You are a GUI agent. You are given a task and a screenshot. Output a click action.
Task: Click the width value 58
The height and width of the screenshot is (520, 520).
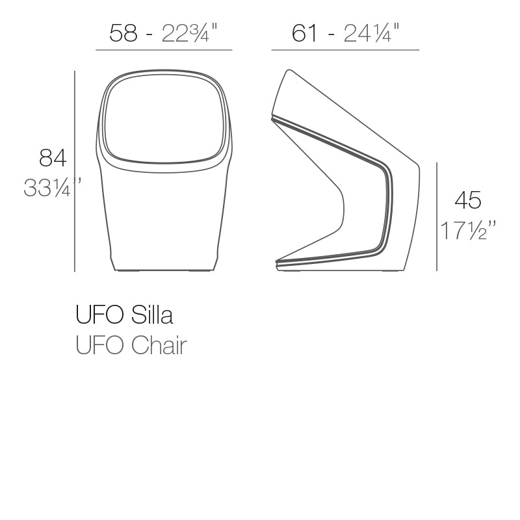(x=123, y=33)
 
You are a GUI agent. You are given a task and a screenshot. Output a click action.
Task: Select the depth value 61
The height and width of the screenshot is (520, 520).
(x=304, y=33)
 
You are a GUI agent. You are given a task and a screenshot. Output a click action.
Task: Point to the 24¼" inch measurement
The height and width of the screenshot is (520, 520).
(x=371, y=33)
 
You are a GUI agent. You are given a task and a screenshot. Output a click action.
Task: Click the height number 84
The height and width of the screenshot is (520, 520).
(x=53, y=158)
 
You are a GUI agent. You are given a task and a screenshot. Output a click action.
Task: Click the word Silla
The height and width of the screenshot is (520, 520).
(x=152, y=315)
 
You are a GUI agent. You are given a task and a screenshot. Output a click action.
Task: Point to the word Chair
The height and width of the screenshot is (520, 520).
(x=159, y=346)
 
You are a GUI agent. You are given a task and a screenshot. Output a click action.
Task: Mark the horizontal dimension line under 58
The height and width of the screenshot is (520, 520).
(x=164, y=50)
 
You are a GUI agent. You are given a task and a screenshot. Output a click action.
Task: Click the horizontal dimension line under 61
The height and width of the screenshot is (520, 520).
(x=345, y=50)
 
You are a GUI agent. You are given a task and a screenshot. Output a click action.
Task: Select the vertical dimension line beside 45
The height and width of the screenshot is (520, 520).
(x=437, y=216)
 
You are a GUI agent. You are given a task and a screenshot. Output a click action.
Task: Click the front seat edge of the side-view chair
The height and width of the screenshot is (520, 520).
(x=278, y=263)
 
